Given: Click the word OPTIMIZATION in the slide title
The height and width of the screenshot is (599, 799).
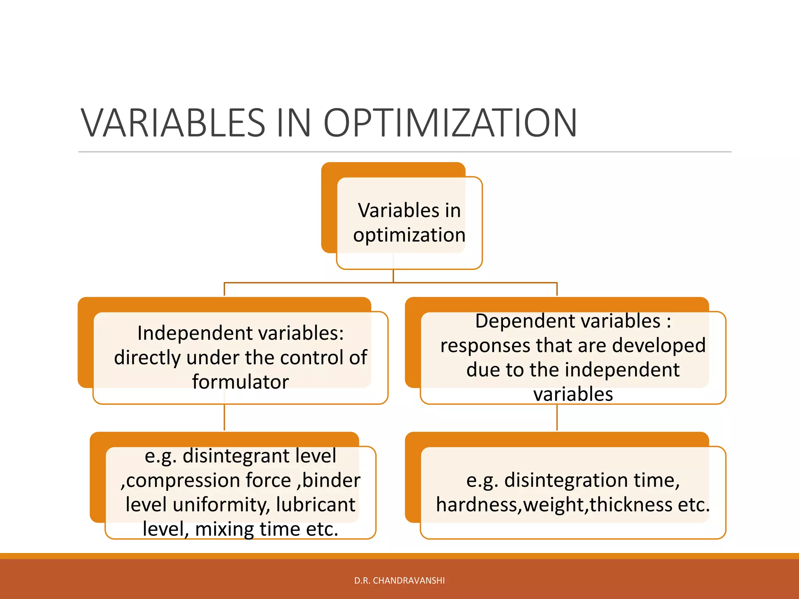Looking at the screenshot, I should pos(450,123).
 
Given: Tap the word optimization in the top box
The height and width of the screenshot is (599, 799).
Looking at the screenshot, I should pos(409,235).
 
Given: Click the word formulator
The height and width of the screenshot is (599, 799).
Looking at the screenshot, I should pos(240,382).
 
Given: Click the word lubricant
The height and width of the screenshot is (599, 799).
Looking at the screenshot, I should pos(316,505).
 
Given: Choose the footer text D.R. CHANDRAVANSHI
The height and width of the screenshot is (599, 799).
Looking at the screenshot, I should pos(399,581).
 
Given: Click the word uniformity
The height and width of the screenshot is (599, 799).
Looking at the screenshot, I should pos(221,505).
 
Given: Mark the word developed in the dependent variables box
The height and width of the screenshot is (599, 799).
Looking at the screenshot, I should pos(659,346).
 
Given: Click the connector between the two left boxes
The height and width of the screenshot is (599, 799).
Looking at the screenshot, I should pos(224,417).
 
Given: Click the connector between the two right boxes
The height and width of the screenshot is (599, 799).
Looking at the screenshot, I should pos(557,417).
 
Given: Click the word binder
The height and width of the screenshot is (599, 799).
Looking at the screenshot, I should pos(331,480).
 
